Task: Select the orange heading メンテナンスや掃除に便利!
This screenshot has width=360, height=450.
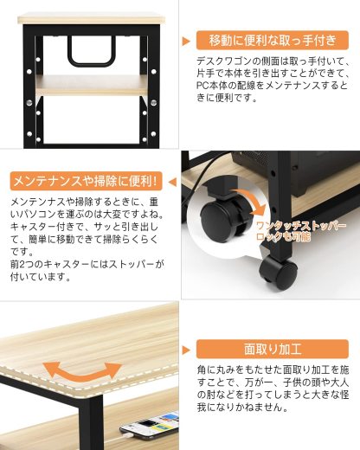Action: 84,182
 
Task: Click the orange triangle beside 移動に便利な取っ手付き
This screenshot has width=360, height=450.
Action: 187,40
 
